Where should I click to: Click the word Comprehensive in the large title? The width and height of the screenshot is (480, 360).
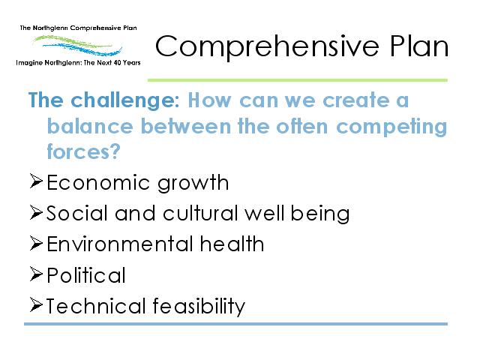pos(267,46)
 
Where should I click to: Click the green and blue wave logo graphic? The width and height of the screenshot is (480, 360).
pos(78,45)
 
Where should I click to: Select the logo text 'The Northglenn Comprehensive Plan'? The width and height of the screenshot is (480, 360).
pos(78,28)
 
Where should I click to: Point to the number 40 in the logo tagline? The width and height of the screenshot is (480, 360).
pos(117,63)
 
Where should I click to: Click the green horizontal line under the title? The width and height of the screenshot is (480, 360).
pos(298,80)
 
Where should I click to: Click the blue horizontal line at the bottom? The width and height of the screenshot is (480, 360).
pos(235,324)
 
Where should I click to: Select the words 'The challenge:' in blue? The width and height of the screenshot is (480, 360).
pos(104,100)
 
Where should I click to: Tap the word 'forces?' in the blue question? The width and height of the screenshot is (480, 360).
pos(83,151)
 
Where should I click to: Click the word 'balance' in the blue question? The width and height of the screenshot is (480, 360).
pos(90,126)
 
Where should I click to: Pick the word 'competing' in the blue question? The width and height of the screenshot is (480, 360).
pos(391,127)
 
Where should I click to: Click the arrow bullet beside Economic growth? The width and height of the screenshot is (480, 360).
pos(36,181)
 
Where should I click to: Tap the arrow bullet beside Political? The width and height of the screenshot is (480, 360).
pos(36,274)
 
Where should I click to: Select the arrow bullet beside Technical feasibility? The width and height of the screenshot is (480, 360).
pos(36,304)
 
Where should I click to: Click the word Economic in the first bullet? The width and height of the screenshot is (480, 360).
pos(98,183)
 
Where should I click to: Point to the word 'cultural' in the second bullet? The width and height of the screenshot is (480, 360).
pos(200,213)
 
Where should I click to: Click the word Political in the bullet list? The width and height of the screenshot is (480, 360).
pos(86,275)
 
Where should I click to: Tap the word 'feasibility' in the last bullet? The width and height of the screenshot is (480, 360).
pos(199,306)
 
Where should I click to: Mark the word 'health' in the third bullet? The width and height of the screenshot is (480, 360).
pos(232,244)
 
